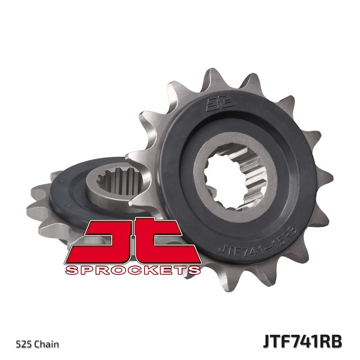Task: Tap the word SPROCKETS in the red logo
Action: pyautogui.click(x=132, y=270)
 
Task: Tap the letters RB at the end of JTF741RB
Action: pyautogui.click(x=332, y=341)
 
